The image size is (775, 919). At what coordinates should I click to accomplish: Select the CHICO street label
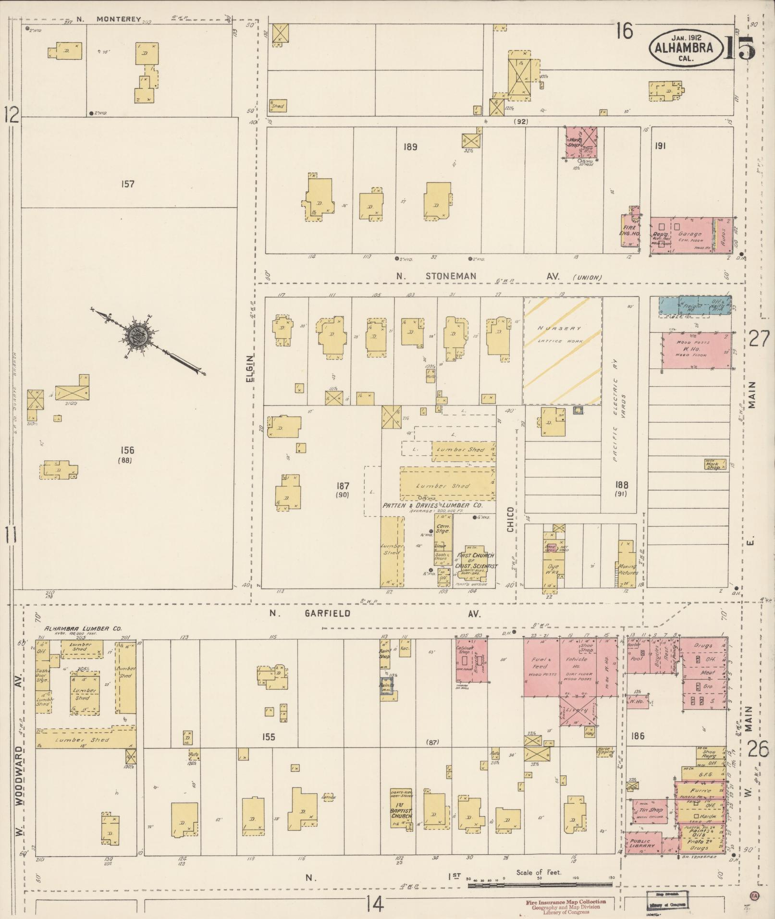click(x=510, y=519)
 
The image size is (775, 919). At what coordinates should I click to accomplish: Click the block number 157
click(x=128, y=184)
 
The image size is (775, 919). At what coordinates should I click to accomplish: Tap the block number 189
click(x=410, y=147)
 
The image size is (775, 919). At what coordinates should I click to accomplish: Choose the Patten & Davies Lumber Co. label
click(x=432, y=506)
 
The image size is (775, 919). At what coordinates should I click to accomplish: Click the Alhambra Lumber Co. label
click(x=83, y=628)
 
